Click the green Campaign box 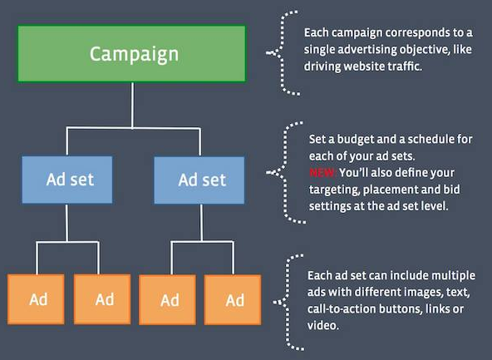coord(132,54)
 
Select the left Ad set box coord(67,180)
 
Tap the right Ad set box coord(199,180)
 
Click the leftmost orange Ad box coord(36,299)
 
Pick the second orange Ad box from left coord(102,299)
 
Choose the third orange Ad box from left coord(168,300)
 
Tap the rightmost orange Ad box coord(233,300)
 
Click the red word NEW coord(322,173)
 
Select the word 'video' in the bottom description coord(322,325)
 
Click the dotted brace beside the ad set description coord(285,172)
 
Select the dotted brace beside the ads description coord(288,302)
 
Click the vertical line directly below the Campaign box coord(132,105)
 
